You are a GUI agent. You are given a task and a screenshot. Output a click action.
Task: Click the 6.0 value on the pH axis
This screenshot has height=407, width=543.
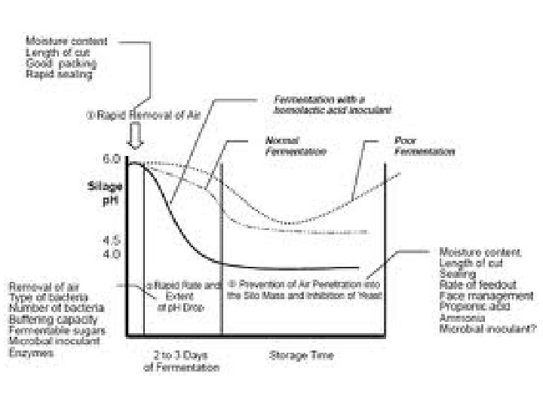tap(111, 159)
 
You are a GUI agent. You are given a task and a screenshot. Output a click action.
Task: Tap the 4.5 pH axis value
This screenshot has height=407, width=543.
tap(111, 241)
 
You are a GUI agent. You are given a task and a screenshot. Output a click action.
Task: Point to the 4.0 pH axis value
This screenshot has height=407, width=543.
tap(111, 253)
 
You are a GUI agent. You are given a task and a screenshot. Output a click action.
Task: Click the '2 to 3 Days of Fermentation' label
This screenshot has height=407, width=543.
tap(181, 360)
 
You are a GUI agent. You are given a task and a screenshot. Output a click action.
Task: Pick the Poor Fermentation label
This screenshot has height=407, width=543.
tap(424, 145)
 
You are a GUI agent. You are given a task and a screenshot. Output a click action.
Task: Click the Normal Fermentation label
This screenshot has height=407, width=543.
tap(295, 145)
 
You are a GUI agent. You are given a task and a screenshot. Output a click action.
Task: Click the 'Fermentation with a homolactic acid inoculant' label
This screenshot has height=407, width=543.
tap(333, 104)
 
